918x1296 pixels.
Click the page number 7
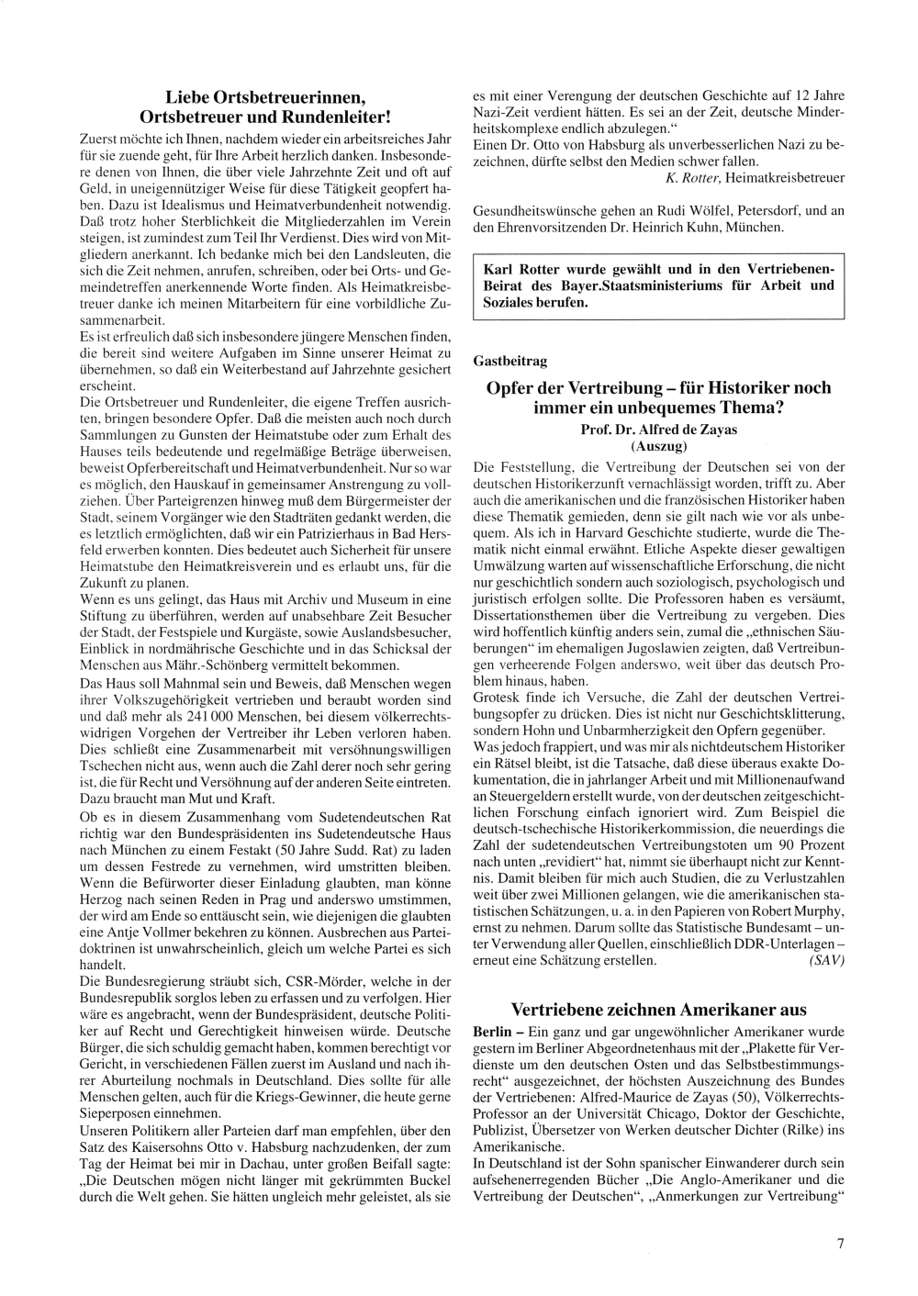click(840, 1245)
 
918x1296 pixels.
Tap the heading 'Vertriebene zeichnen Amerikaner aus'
click(658, 1010)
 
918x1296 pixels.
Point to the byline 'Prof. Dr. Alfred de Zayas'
click(658, 430)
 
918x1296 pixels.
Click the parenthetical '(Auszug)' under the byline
click(658, 447)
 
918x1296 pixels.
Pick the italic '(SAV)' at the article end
click(826, 961)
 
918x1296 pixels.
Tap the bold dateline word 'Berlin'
click(492, 1033)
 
